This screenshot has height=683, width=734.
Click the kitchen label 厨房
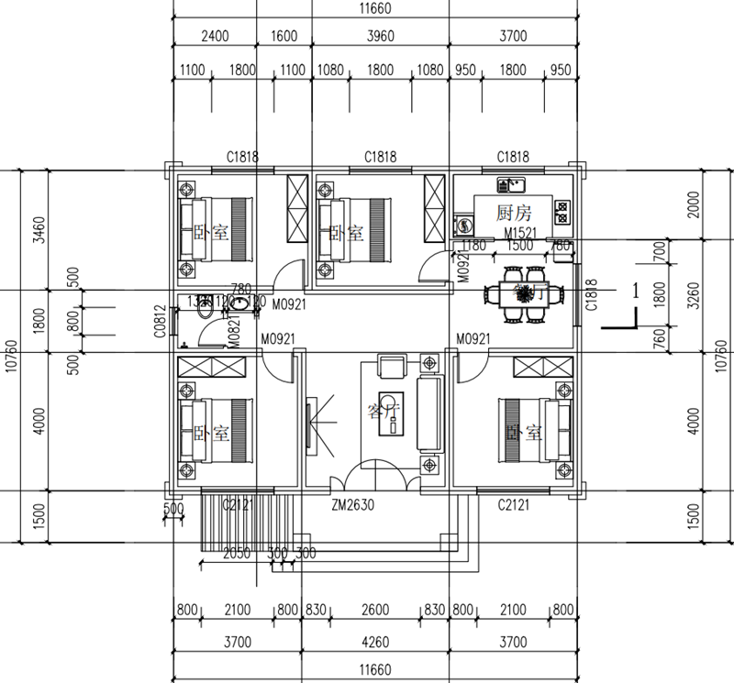[514, 214]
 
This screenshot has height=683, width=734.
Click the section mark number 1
[634, 291]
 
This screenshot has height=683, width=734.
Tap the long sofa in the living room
[429, 413]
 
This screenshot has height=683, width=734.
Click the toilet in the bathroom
[206, 309]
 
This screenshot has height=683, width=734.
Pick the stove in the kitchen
[562, 212]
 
